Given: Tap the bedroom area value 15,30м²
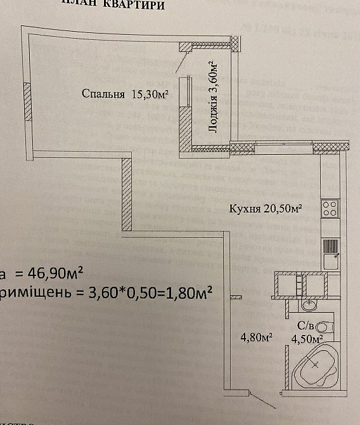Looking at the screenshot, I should (150, 95).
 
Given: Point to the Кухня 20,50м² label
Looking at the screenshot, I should (264, 208).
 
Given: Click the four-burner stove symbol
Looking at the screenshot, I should (330, 209).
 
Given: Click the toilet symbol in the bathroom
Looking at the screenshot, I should (324, 327).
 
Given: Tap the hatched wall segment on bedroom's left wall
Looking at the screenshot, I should (27, 100).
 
